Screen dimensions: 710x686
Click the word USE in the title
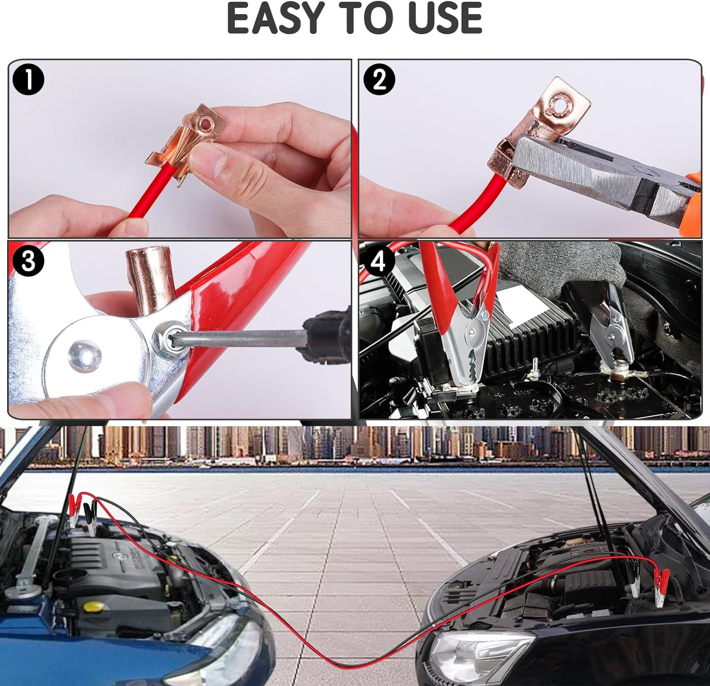[x=444, y=18]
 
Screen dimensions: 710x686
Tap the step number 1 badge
[x=28, y=80]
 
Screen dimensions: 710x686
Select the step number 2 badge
[x=379, y=79]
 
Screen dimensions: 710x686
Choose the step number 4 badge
[x=377, y=260]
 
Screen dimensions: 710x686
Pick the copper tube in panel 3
[x=144, y=279]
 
